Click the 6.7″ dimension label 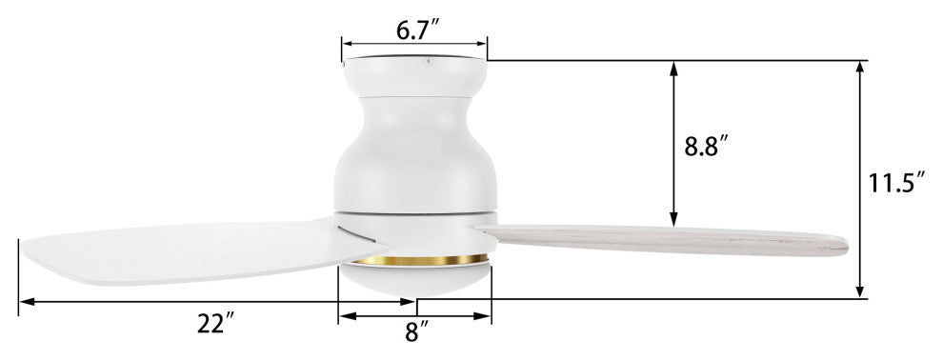click(418, 30)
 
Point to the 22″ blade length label click(215, 324)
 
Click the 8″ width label click(416, 331)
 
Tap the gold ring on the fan click(420, 260)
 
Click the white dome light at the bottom click(415, 279)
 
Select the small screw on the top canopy click(428, 61)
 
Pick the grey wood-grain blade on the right click(662, 240)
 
